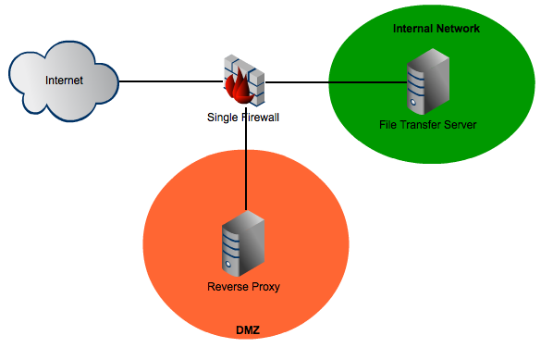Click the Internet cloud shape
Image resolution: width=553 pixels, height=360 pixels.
63,83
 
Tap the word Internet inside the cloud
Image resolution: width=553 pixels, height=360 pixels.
64,81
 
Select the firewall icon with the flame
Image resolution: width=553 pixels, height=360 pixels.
245,81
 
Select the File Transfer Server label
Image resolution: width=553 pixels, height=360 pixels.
427,124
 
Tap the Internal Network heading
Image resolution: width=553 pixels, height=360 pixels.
436,29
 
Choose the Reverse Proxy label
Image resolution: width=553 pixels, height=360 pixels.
243,287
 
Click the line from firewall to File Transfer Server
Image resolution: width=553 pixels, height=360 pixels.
333,82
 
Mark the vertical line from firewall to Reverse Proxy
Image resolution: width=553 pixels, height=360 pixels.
247,167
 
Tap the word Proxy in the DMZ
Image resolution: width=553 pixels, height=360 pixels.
264,287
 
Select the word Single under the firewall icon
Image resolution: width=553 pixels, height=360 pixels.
222,118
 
